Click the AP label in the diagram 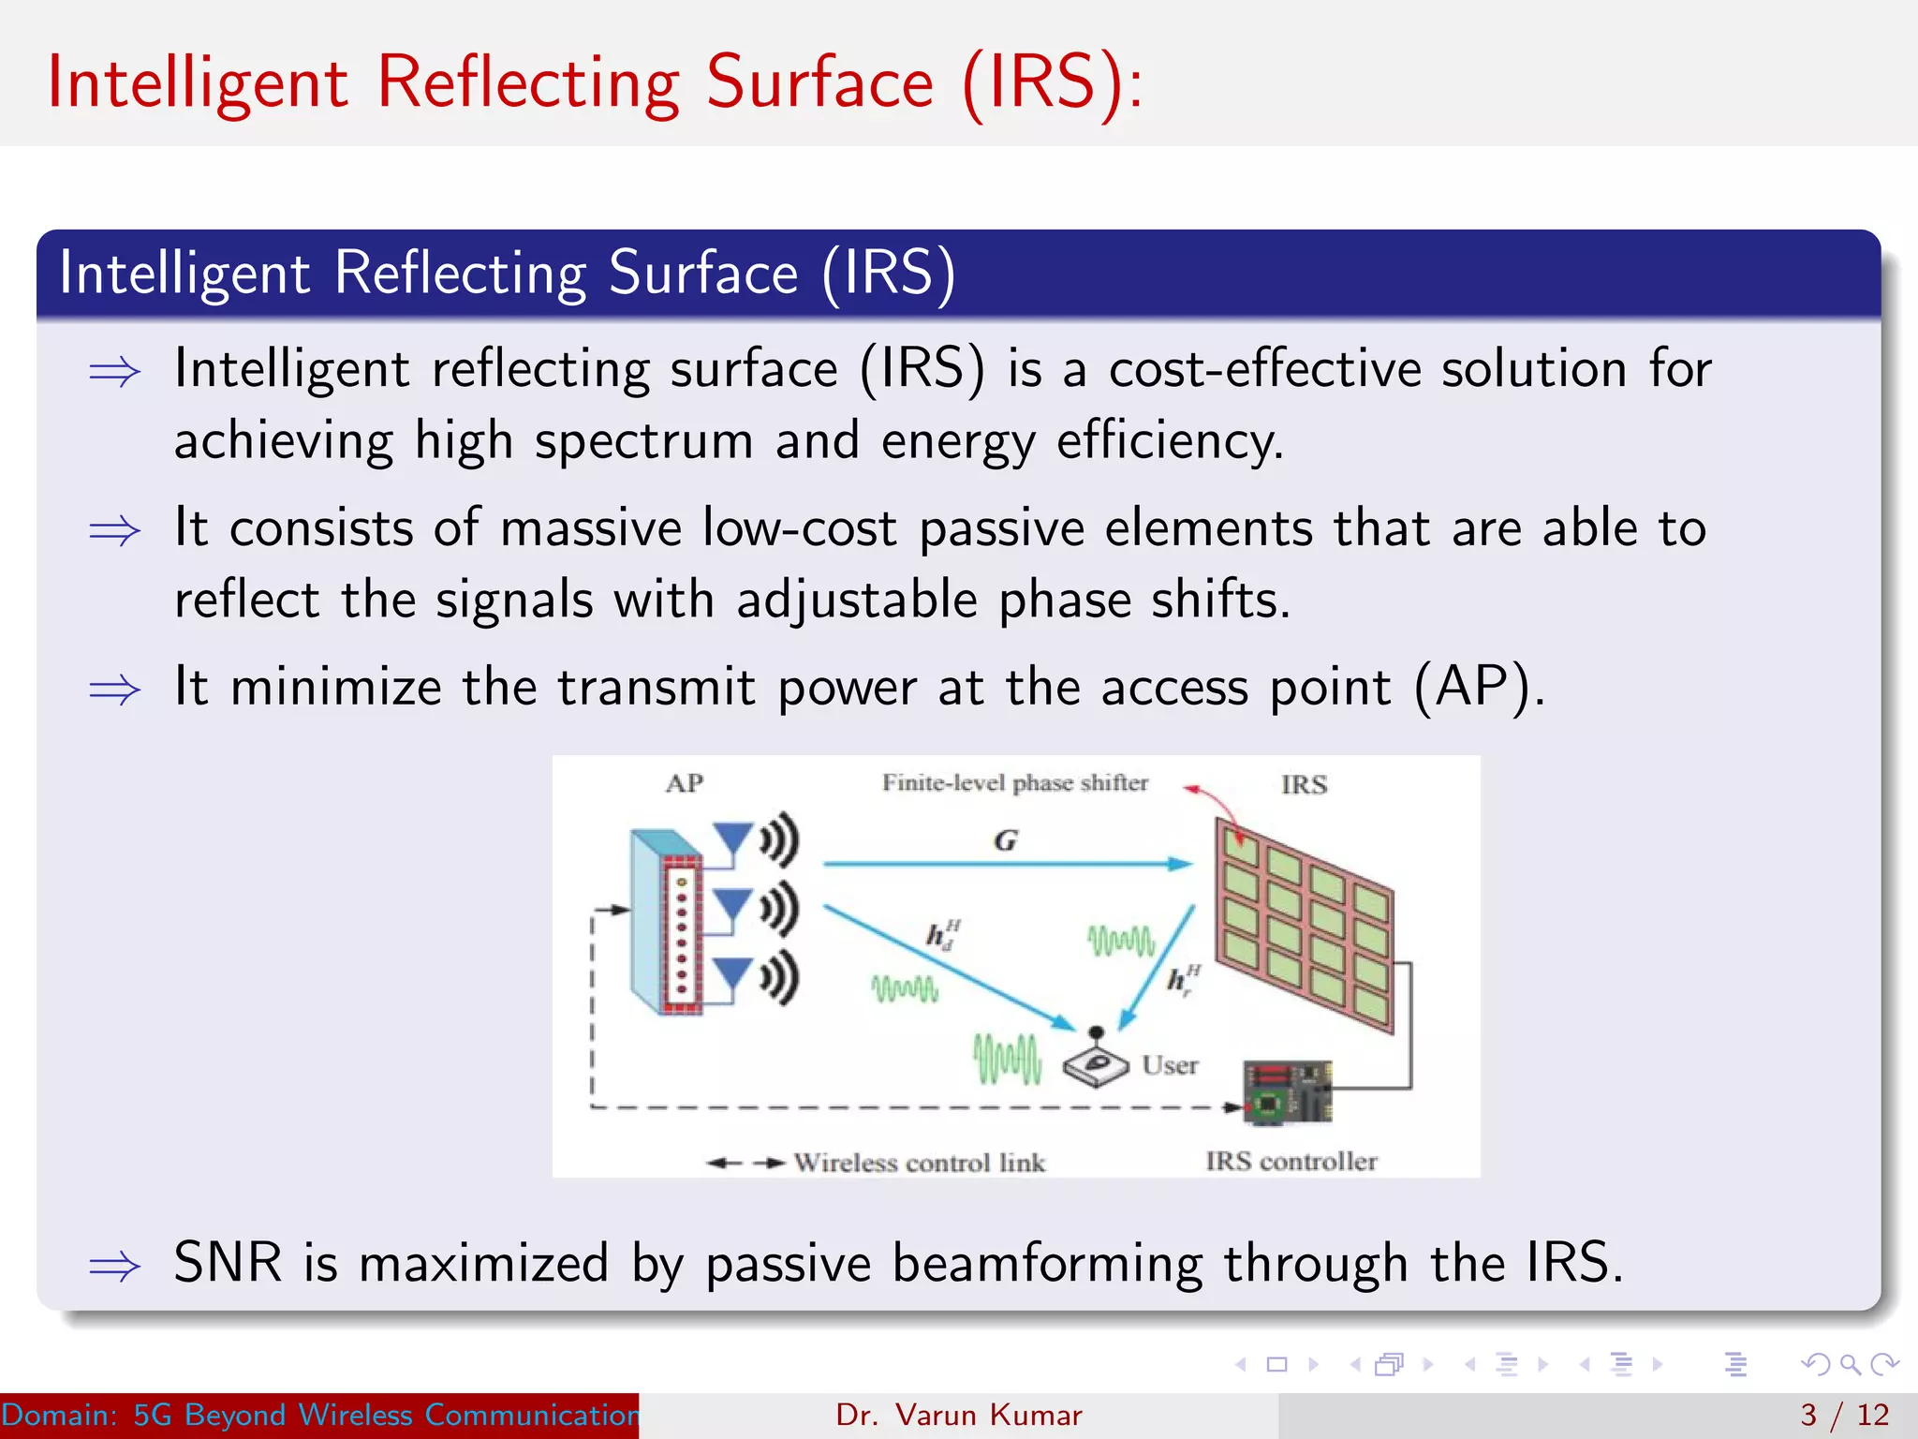point(685,783)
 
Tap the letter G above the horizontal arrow point(1005,840)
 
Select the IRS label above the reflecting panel point(1304,784)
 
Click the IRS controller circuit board point(1288,1092)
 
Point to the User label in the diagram point(1170,1065)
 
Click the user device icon point(1095,1062)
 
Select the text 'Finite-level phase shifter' point(1014,782)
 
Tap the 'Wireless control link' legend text point(919,1163)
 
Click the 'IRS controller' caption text point(1291,1162)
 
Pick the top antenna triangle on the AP point(732,836)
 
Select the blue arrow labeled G point(1007,864)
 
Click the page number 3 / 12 point(1844,1415)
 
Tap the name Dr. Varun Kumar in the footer point(958,1415)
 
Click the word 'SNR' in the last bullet point(228,1262)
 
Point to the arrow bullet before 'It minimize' point(114,690)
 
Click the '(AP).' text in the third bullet point(1478,687)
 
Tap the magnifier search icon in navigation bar point(1850,1364)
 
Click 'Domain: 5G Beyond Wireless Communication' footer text point(318,1415)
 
